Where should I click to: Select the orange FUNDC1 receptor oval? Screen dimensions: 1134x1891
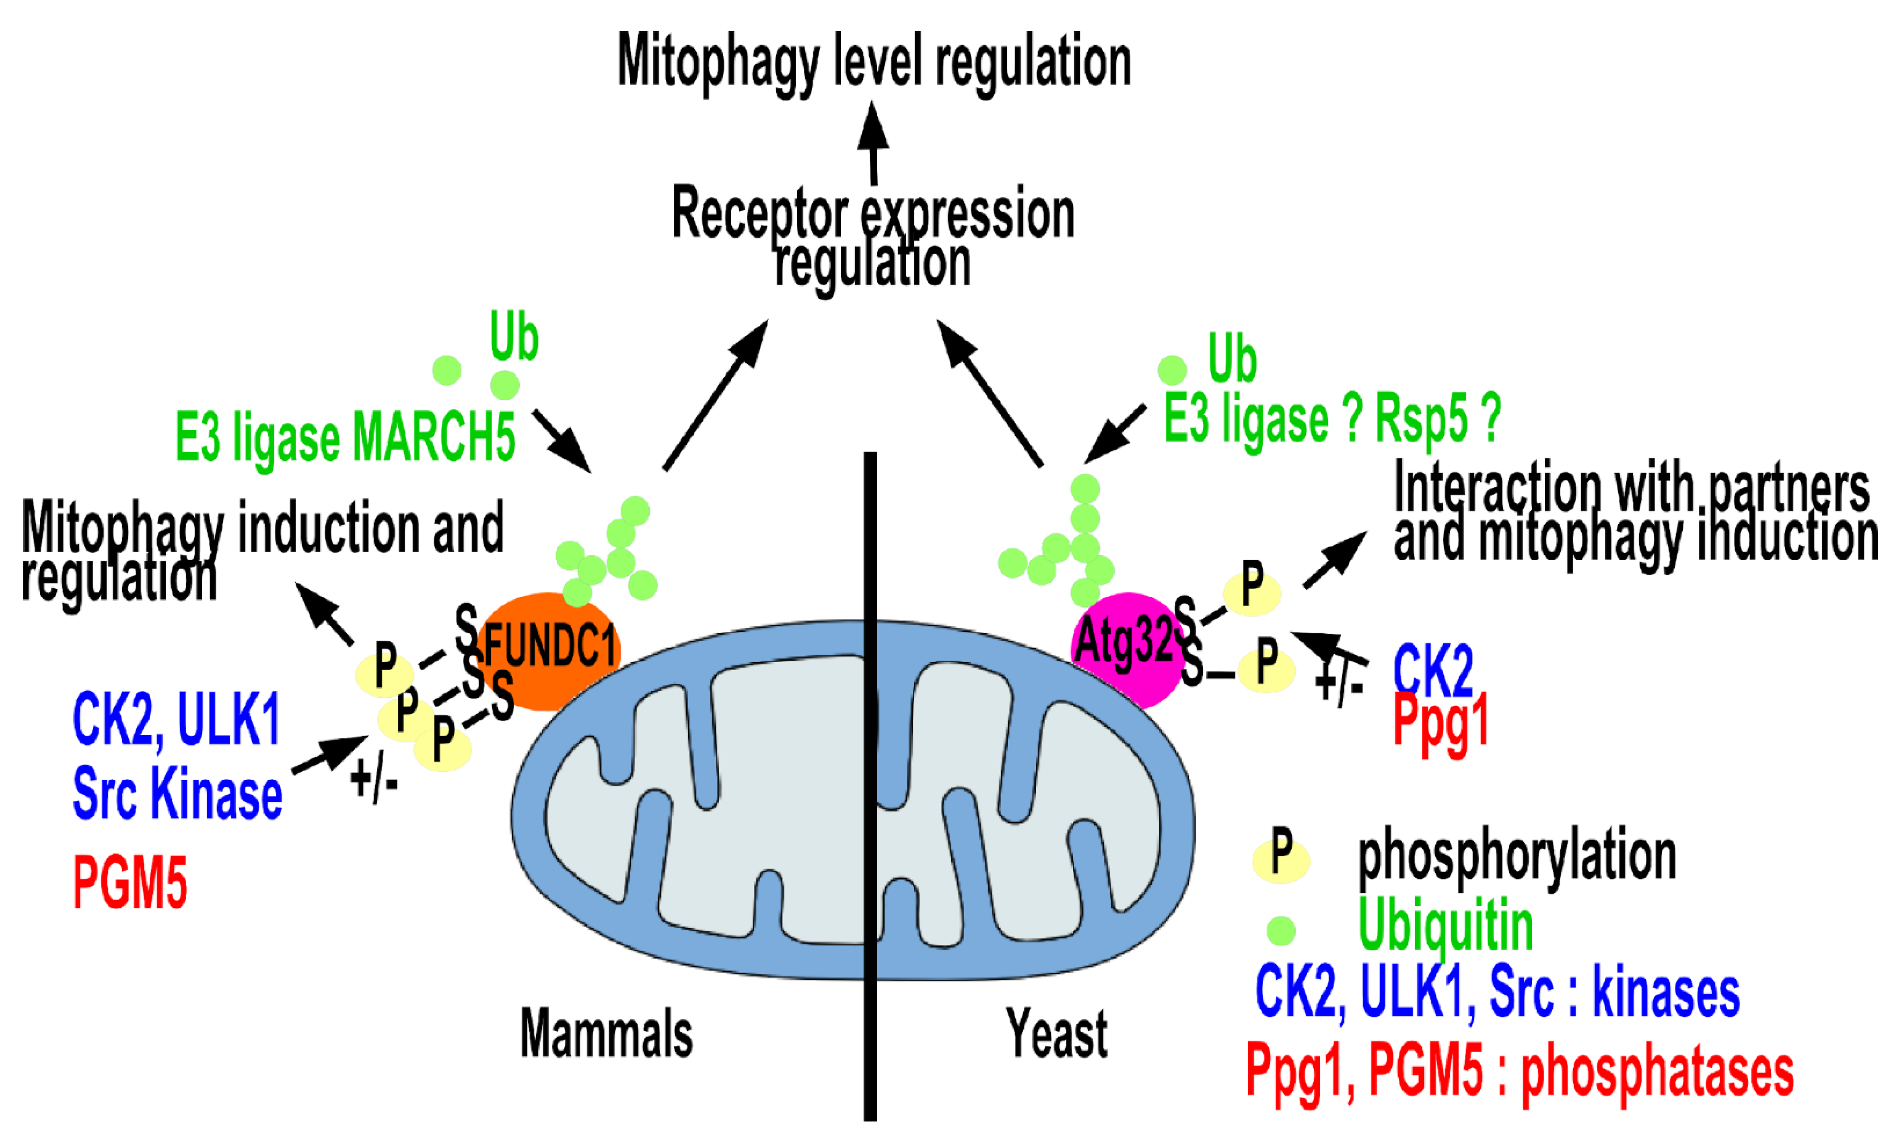(x=549, y=649)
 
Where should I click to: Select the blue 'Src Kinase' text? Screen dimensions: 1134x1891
(x=177, y=795)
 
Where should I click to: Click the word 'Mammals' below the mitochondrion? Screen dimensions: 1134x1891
(x=606, y=1033)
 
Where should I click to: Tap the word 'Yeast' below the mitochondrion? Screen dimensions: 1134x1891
(x=1056, y=1033)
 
